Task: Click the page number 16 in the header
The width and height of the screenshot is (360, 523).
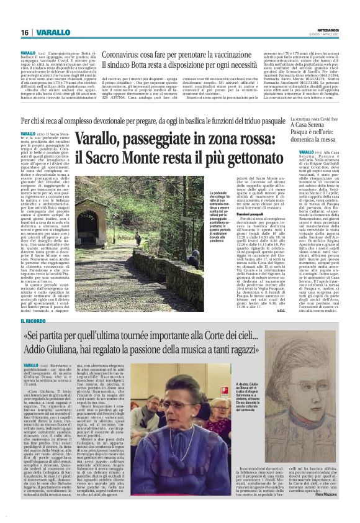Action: (24, 32)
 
